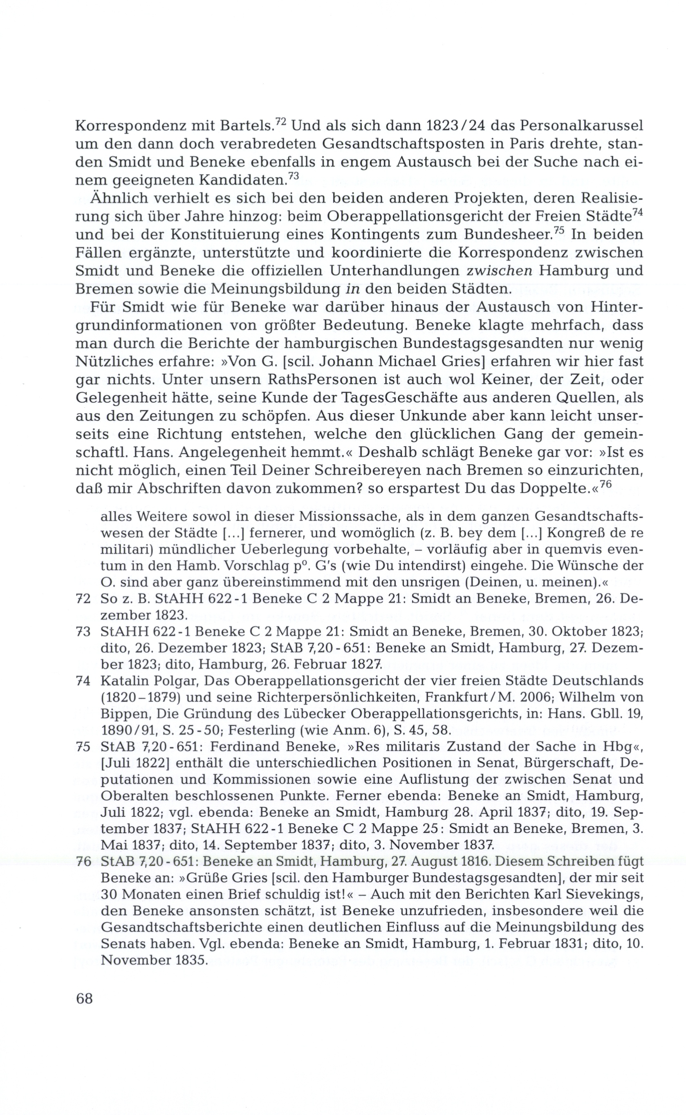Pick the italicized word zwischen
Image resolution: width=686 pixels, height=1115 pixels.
click(x=499, y=271)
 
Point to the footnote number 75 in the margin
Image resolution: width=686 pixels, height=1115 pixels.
click(x=83, y=746)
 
